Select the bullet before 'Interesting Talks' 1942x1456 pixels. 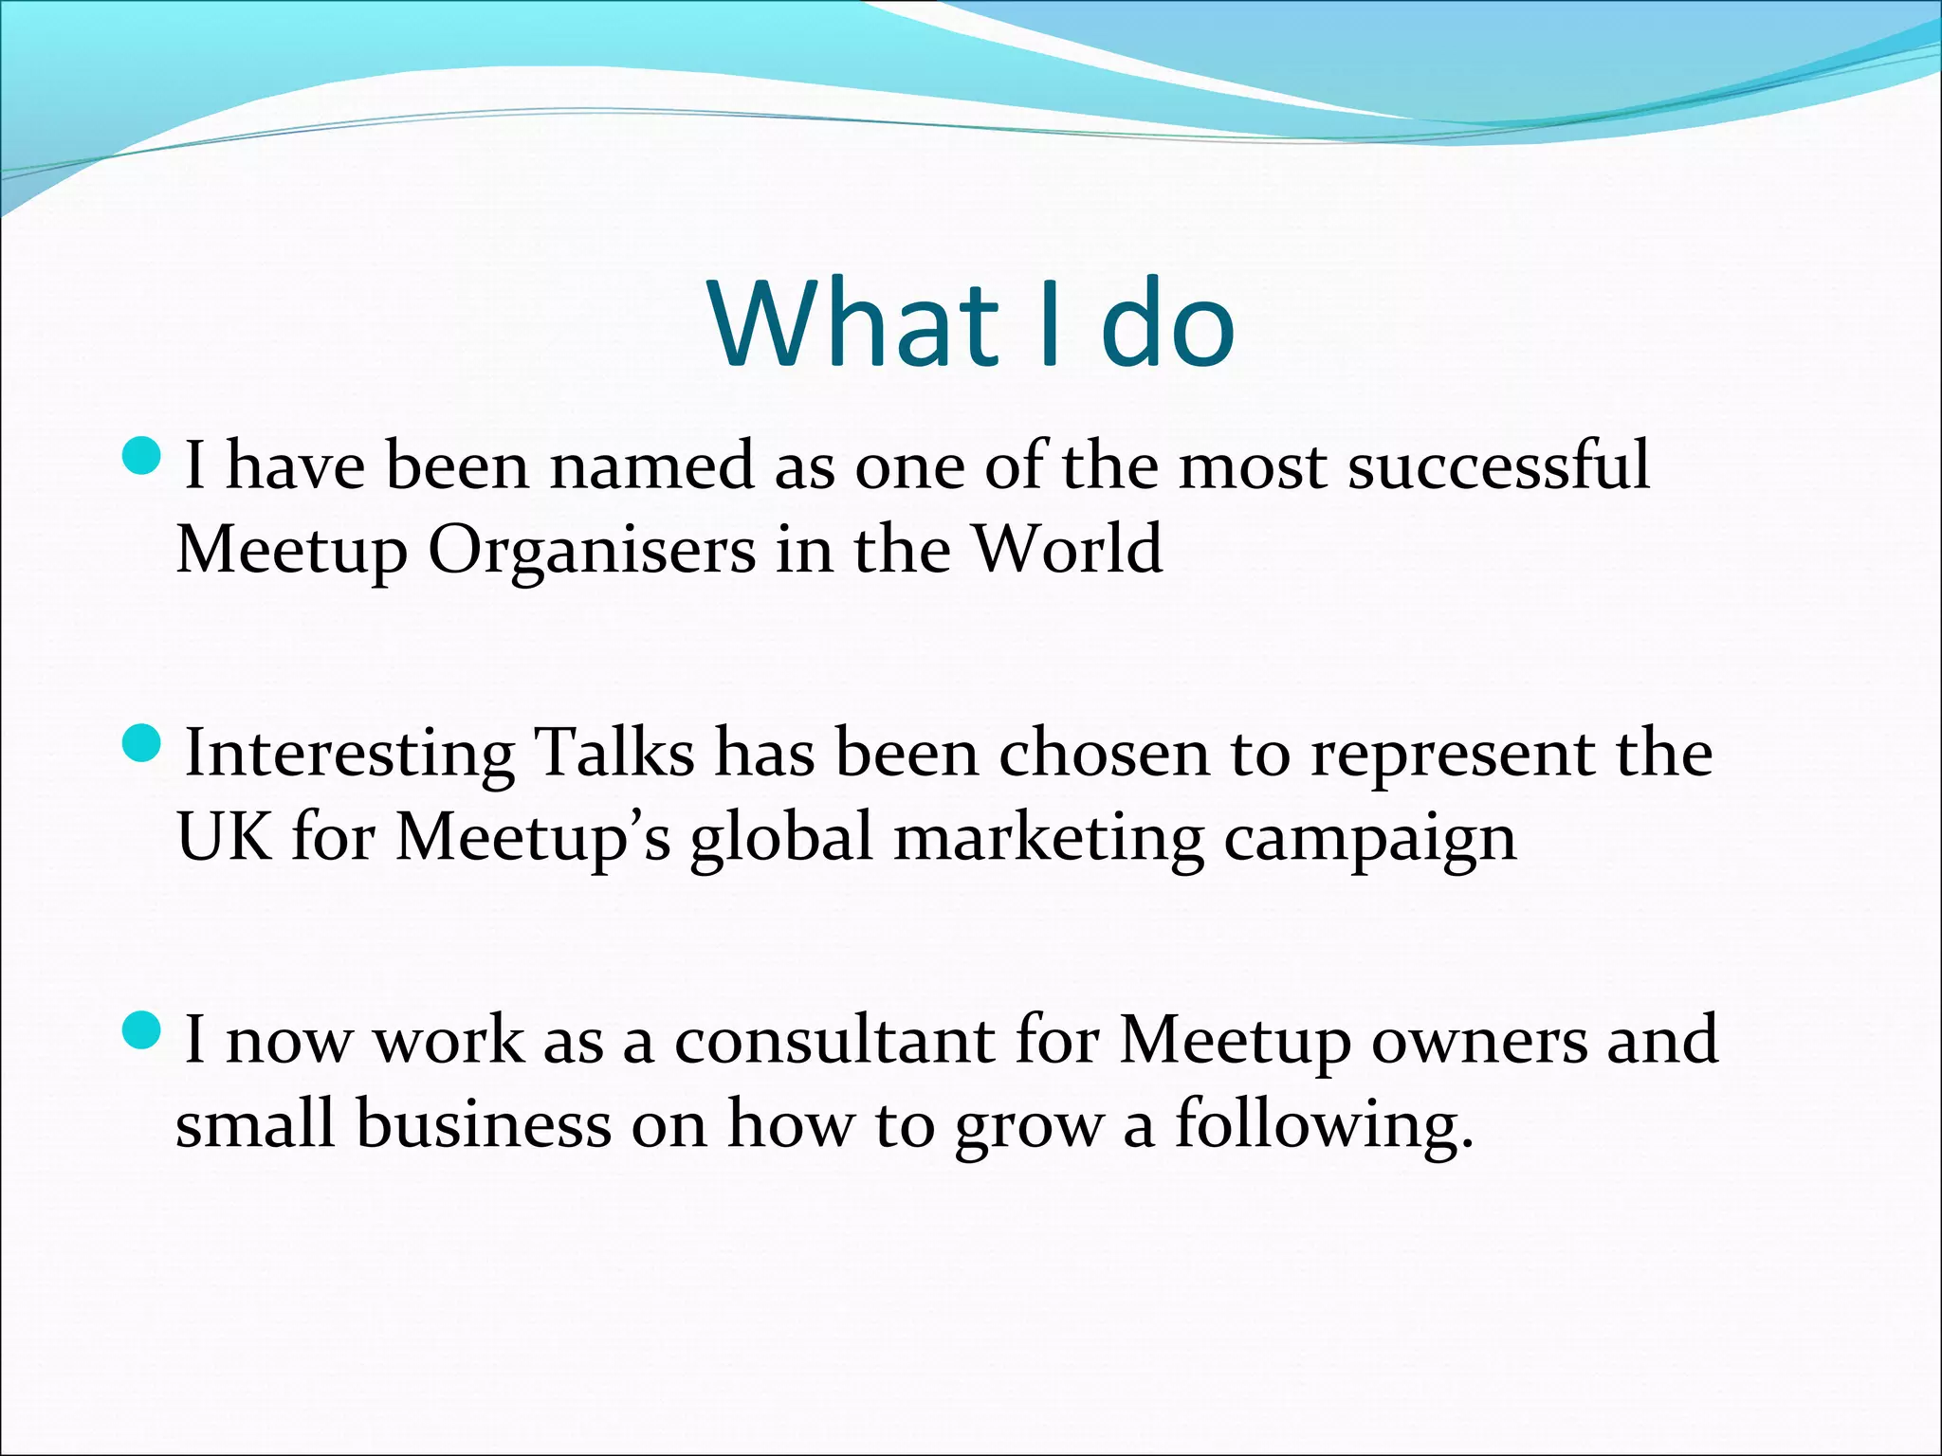pyautogui.click(x=143, y=743)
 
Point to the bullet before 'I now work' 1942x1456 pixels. pyautogui.click(x=143, y=1030)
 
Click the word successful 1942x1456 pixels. pyautogui.click(x=1499, y=465)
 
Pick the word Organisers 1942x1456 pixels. pyautogui.click(x=593, y=550)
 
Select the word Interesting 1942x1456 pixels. pyautogui.click(x=349, y=755)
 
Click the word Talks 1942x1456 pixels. pyautogui.click(x=614, y=753)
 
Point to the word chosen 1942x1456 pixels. pyautogui.click(x=1104, y=753)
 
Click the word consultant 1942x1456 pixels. pyautogui.click(x=834, y=1040)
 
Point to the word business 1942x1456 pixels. pyautogui.click(x=485, y=1124)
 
